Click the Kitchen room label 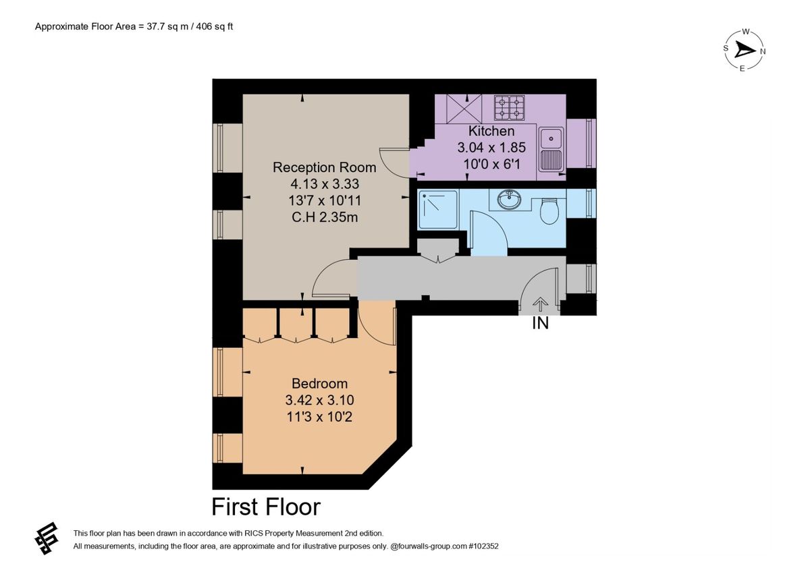click(491, 132)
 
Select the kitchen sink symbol click(552, 149)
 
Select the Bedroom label click(319, 384)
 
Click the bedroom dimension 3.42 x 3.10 click(319, 401)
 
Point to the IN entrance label click(540, 324)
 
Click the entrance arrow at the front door click(541, 306)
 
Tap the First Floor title click(266, 506)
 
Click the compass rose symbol click(744, 50)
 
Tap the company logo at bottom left click(47, 538)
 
